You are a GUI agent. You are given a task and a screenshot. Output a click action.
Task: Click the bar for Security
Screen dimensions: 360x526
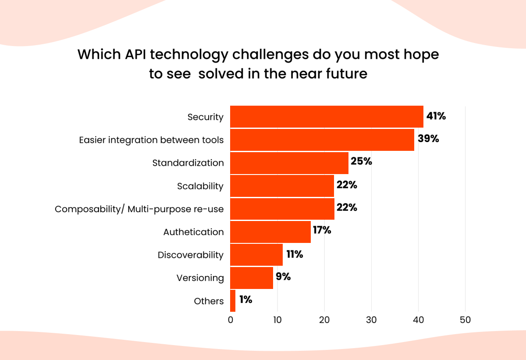[x=327, y=117]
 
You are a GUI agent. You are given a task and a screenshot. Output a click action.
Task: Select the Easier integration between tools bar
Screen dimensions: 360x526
[x=322, y=140]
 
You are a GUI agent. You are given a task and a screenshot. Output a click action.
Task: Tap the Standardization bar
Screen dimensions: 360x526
[x=289, y=163]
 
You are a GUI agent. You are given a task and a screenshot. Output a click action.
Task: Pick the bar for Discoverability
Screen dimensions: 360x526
[x=256, y=255]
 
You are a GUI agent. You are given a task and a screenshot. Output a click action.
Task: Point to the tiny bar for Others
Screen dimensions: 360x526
[x=233, y=301]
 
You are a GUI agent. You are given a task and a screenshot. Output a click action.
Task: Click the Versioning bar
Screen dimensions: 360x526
[x=252, y=278]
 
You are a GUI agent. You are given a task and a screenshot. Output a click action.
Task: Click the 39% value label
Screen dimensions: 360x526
[x=428, y=139]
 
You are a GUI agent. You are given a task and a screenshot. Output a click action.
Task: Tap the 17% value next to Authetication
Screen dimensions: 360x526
[x=321, y=229]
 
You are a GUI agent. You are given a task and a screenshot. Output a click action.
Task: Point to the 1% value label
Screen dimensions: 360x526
[x=245, y=300]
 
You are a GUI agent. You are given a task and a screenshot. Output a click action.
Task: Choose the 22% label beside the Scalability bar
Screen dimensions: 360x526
[x=347, y=185]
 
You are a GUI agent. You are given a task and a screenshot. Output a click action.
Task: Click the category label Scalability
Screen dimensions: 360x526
[x=200, y=186]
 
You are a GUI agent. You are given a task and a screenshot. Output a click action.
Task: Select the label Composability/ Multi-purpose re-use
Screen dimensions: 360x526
[x=139, y=209]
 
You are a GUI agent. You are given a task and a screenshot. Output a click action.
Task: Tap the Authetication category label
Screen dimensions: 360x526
[x=193, y=232]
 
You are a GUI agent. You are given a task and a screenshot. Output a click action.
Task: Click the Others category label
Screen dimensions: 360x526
[x=209, y=301]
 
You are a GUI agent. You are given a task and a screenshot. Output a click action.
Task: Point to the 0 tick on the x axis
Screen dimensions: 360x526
[x=231, y=320]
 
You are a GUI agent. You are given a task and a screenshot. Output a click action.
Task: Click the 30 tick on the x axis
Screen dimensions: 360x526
[x=371, y=320]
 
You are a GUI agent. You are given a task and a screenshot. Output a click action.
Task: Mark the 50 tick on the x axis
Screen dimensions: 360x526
[x=465, y=320]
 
